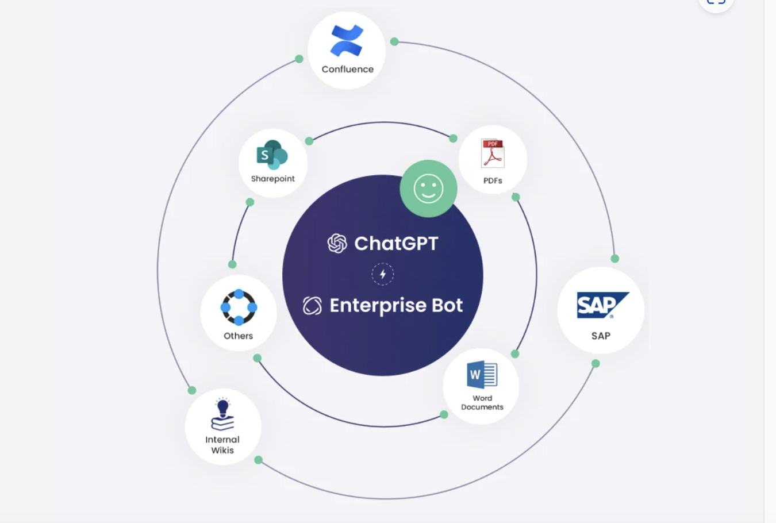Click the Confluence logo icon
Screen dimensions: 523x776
tap(347, 41)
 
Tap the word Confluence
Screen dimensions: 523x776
tap(347, 69)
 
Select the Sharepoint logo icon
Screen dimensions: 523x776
tap(272, 155)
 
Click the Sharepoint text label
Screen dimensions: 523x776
tap(272, 179)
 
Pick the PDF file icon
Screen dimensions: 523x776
tap(493, 153)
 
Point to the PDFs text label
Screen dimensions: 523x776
tap(493, 180)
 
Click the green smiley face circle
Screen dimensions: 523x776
tap(428, 189)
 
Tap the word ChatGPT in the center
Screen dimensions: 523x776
tap(396, 244)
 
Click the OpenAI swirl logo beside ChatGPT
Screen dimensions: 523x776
tap(337, 244)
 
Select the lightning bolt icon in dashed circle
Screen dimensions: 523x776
tap(383, 274)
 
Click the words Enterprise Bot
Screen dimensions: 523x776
tap(396, 305)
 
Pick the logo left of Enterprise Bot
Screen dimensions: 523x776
tap(312, 306)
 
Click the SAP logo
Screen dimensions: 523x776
tap(602, 305)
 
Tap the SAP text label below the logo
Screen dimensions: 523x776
tap(601, 336)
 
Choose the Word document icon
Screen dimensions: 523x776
tap(482, 375)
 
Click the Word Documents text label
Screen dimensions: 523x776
tap(482, 402)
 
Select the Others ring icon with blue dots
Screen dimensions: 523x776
tap(239, 307)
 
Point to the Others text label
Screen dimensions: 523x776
tap(238, 336)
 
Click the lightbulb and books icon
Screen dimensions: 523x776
tap(222, 415)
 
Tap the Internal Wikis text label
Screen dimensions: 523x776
tap(222, 445)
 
